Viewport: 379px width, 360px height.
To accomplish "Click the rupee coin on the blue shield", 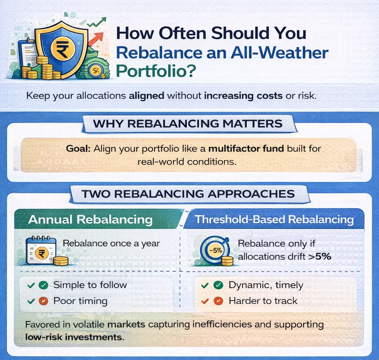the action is [63, 49].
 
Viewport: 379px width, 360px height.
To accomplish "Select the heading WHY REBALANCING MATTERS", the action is [188, 124].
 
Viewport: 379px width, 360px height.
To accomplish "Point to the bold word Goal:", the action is [78, 149].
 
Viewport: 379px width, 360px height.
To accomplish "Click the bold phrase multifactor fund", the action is [246, 149].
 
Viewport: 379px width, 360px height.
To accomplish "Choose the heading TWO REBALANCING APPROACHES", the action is [188, 194].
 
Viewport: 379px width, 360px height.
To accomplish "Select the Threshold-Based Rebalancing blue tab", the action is [274, 220].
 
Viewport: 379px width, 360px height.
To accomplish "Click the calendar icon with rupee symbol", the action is [41, 251].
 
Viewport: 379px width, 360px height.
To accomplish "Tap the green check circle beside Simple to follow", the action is [44, 285].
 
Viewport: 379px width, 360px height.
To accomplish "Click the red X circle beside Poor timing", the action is [44, 301].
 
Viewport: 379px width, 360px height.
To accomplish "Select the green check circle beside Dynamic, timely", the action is [218, 285].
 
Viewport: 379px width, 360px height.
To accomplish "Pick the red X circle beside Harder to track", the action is [218, 301].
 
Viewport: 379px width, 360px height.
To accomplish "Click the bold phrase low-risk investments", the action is [75, 337].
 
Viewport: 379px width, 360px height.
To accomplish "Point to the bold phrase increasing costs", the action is [243, 96].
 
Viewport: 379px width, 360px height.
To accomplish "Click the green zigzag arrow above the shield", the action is [97, 22].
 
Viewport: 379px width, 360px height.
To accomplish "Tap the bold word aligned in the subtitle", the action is [146, 96].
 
